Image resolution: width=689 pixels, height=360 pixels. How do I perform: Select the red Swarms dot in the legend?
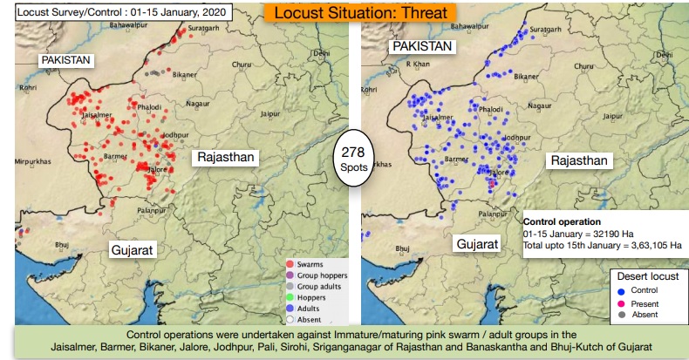click(x=291, y=263)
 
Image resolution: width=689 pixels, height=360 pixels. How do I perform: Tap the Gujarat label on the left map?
click(x=133, y=250)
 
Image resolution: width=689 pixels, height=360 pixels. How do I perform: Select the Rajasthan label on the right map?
click(x=577, y=160)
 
